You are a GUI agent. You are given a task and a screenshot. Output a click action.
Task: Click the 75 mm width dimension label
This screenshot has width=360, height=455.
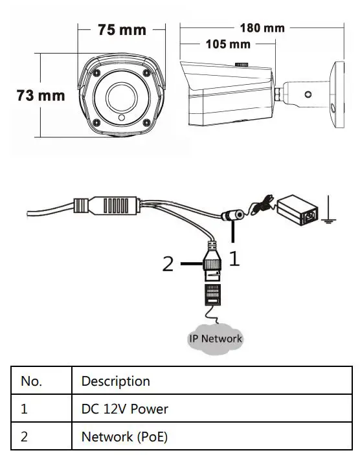122,30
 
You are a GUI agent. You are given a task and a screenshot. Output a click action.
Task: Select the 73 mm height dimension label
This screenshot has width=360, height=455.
40,95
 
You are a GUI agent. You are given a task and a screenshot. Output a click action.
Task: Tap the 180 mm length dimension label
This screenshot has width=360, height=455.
262,28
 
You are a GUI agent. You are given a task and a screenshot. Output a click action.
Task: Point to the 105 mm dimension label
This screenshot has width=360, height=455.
227,44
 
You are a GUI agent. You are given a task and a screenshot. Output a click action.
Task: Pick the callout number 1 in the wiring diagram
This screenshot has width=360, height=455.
234,258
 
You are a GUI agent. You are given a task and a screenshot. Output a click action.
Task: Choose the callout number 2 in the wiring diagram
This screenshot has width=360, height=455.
168,264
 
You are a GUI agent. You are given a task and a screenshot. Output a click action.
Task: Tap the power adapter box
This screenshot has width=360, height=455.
299,211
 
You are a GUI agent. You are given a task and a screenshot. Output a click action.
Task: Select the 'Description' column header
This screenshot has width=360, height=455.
214,381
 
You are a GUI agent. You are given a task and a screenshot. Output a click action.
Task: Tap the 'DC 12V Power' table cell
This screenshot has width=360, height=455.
214,409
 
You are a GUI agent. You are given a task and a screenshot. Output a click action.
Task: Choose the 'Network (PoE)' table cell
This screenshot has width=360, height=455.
214,436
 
